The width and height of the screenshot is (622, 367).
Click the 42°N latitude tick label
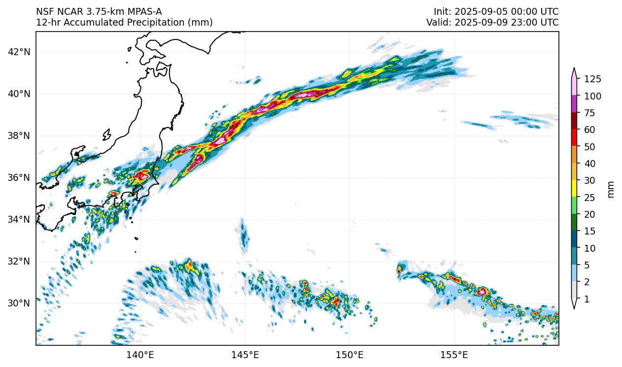(x=20, y=52)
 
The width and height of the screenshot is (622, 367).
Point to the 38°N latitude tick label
(x=20, y=135)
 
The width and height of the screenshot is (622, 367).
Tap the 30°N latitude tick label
(x=20, y=303)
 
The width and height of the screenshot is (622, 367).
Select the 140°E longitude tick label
(x=140, y=355)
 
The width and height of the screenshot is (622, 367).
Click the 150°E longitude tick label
(x=349, y=355)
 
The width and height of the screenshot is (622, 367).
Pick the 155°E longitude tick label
(x=454, y=355)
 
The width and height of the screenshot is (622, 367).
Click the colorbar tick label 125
(x=592, y=79)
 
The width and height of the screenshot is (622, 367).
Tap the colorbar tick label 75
(x=590, y=113)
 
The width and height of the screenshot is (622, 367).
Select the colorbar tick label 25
(x=590, y=198)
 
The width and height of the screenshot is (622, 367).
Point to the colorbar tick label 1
(x=587, y=299)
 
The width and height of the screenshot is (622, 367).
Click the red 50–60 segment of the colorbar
(x=574, y=138)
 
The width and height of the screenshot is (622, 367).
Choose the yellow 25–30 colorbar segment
(x=574, y=189)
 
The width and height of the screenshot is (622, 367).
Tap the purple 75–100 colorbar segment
(x=574, y=104)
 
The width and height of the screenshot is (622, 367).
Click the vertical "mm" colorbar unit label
(x=611, y=189)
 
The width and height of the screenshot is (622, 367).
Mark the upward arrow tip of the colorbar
(x=574, y=68)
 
